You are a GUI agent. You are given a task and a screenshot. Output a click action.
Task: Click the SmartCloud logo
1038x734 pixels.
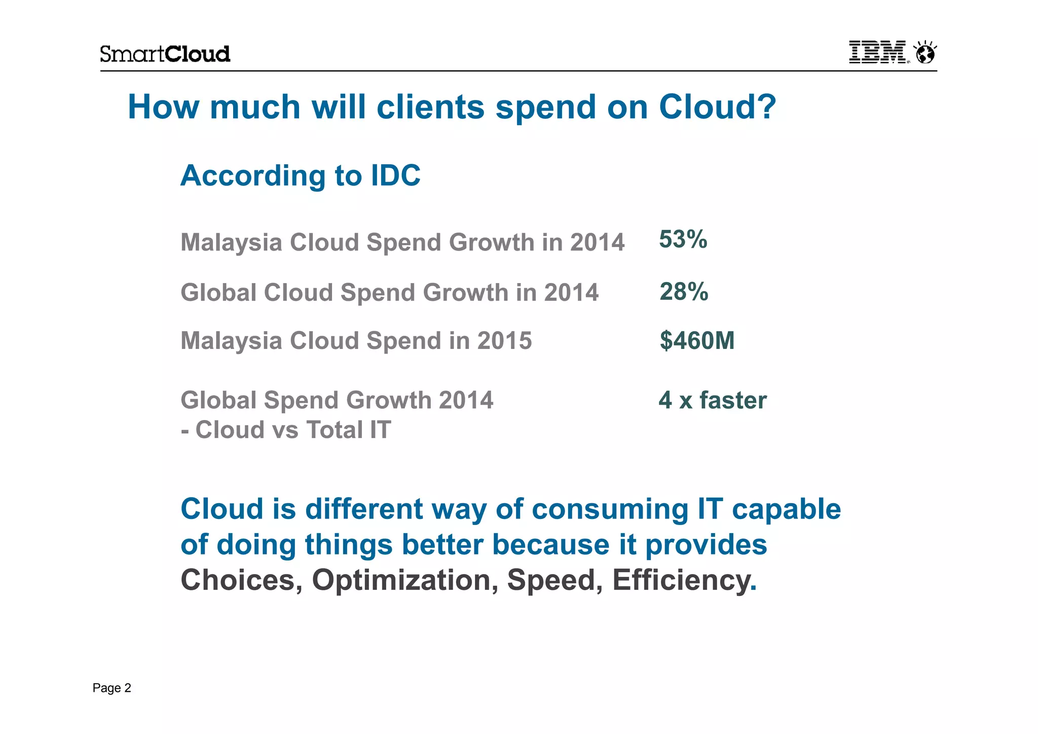[x=165, y=54]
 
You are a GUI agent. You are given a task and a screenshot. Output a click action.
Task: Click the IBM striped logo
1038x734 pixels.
[x=877, y=52]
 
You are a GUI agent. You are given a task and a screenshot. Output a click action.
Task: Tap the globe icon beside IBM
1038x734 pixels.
[x=925, y=53]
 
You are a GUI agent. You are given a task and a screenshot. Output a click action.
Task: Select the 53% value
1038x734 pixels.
[x=683, y=239]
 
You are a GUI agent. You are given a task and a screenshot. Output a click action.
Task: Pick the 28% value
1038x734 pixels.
[x=683, y=292]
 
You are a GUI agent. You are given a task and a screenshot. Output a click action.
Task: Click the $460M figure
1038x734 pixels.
[x=697, y=340]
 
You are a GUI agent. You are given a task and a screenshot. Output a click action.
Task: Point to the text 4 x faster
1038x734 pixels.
[x=712, y=400]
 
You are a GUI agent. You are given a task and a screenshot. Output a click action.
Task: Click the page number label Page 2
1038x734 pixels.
[x=112, y=688]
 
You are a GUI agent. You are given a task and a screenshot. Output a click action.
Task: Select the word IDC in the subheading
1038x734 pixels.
[x=395, y=176]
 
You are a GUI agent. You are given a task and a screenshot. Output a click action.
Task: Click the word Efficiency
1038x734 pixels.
[x=681, y=580]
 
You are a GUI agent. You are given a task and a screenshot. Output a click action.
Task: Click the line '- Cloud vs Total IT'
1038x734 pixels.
[x=286, y=430]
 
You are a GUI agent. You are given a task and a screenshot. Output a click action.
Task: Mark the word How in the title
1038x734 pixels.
[x=163, y=107]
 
